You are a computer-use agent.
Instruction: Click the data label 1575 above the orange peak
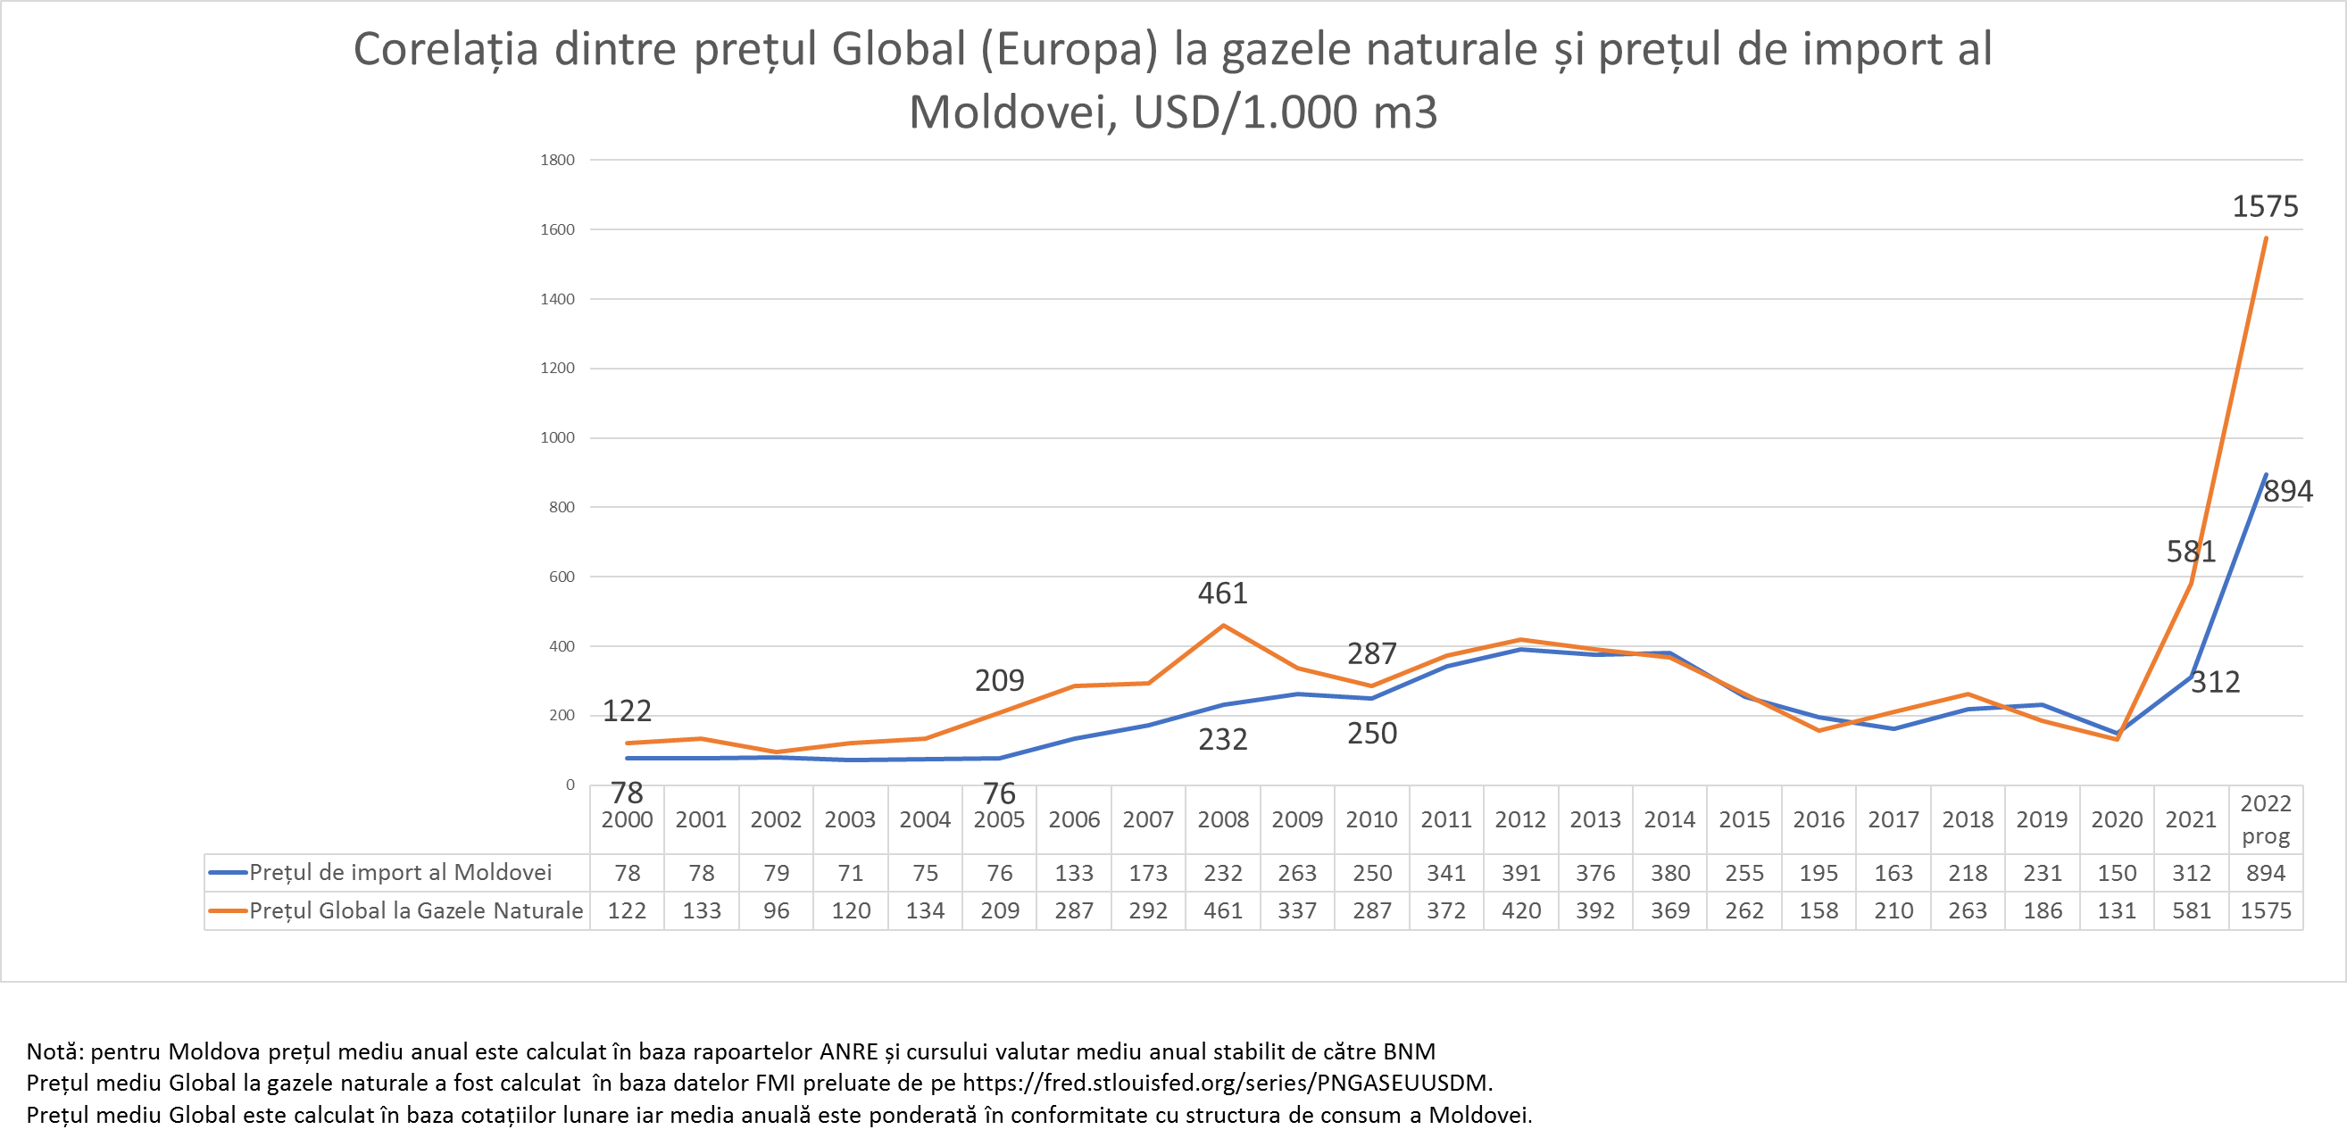click(2265, 207)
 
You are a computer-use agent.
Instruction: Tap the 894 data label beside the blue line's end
click(2288, 492)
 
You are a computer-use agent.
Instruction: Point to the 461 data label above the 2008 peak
click(1223, 594)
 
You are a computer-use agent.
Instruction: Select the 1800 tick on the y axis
click(558, 161)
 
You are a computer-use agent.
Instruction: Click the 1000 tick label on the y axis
click(558, 438)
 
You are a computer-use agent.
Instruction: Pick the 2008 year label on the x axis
click(1223, 820)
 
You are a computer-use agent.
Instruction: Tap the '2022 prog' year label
click(2265, 820)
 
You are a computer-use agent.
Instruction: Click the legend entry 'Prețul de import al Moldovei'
click(401, 873)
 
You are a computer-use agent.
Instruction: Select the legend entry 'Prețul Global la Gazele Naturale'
click(415, 910)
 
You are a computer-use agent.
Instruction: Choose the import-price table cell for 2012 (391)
click(1520, 873)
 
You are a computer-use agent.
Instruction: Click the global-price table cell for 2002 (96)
click(777, 910)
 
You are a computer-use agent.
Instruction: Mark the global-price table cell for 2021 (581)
click(2191, 910)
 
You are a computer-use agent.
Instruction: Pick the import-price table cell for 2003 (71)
click(850, 873)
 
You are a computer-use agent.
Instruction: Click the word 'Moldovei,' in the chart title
click(1014, 113)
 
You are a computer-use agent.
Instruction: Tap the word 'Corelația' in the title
click(445, 49)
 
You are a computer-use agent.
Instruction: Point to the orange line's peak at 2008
click(1223, 626)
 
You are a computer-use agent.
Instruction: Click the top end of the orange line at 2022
click(2266, 238)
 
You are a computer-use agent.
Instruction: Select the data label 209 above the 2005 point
click(1000, 681)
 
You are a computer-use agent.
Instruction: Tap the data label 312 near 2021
click(2215, 683)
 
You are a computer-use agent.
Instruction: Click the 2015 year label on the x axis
click(1744, 820)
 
